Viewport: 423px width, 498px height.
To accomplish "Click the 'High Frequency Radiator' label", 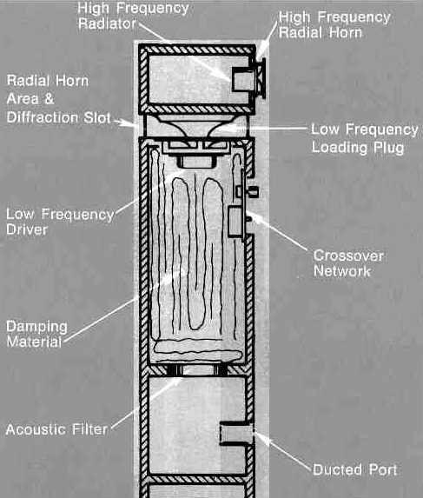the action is pos(133,16).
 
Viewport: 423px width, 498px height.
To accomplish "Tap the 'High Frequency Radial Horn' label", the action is pos(334,25).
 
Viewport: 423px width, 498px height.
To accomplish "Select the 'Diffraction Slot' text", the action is pos(58,117).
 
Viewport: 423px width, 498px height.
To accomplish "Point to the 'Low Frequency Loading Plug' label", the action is pos(365,138).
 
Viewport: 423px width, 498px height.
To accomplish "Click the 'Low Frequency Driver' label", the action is pos(60,222).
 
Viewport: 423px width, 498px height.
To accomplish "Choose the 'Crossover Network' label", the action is pos(348,263).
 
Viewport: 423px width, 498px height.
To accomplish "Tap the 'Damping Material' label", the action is pos(36,334).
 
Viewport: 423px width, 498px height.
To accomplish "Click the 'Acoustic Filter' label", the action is pos(56,429).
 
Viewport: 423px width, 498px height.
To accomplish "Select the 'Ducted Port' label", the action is pos(354,469).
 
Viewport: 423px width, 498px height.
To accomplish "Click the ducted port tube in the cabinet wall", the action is pos(236,434).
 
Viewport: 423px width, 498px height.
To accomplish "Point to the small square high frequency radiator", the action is pos(243,79).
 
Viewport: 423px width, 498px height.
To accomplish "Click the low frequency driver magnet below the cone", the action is pos(197,162).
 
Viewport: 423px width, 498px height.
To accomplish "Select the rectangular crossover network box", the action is pos(235,221).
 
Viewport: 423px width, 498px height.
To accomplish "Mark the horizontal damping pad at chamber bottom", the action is pos(198,352).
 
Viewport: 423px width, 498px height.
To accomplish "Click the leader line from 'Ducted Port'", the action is pos(283,450).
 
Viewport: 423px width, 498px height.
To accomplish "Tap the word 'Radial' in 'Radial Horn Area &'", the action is pos(26,81).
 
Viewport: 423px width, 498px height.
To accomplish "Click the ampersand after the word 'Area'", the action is pos(49,99).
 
